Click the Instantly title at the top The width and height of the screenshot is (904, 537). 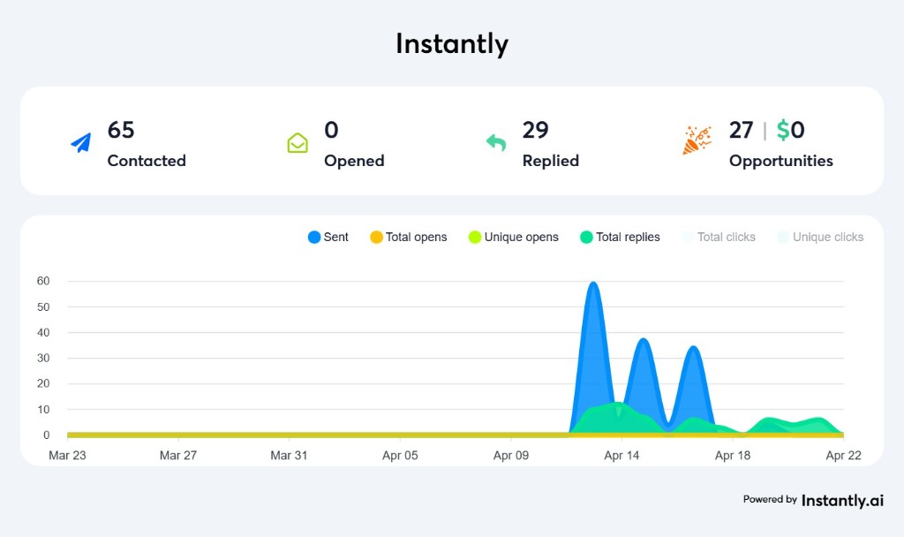coord(451,44)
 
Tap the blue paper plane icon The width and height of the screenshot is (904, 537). coord(81,142)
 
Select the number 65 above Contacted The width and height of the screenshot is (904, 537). coord(121,131)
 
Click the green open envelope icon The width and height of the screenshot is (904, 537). coord(298,142)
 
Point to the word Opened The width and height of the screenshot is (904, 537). coord(354,161)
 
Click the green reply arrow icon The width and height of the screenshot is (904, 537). coord(496,142)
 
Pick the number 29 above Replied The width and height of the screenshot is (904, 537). coord(536,131)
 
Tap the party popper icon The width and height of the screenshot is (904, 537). coord(697,140)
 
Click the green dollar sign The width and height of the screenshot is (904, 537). coord(783,131)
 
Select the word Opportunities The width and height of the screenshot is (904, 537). coord(780,161)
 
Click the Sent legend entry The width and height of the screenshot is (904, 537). coord(328,237)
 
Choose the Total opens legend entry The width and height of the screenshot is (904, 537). coord(409,237)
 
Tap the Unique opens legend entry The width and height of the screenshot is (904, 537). coord(514,237)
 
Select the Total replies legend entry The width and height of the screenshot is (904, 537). coord(620,237)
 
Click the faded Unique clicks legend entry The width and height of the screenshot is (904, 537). coord(820,237)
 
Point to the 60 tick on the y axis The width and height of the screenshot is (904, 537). coord(43,281)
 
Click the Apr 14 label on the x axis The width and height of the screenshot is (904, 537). coord(621,456)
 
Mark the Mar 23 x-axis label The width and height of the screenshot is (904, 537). coord(67,456)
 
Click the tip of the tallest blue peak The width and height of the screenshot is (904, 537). coord(593,283)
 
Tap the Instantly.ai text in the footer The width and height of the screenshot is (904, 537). coord(842,500)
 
